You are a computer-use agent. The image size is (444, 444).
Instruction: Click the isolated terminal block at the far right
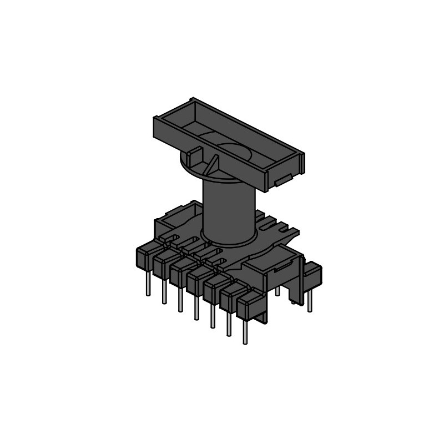point(313,274)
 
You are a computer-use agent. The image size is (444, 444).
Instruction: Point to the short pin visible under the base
point(277,291)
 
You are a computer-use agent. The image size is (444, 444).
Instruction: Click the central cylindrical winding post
point(228,211)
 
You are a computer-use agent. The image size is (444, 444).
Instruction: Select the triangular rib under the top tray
point(212,165)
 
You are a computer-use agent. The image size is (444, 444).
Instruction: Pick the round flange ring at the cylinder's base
point(229,240)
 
